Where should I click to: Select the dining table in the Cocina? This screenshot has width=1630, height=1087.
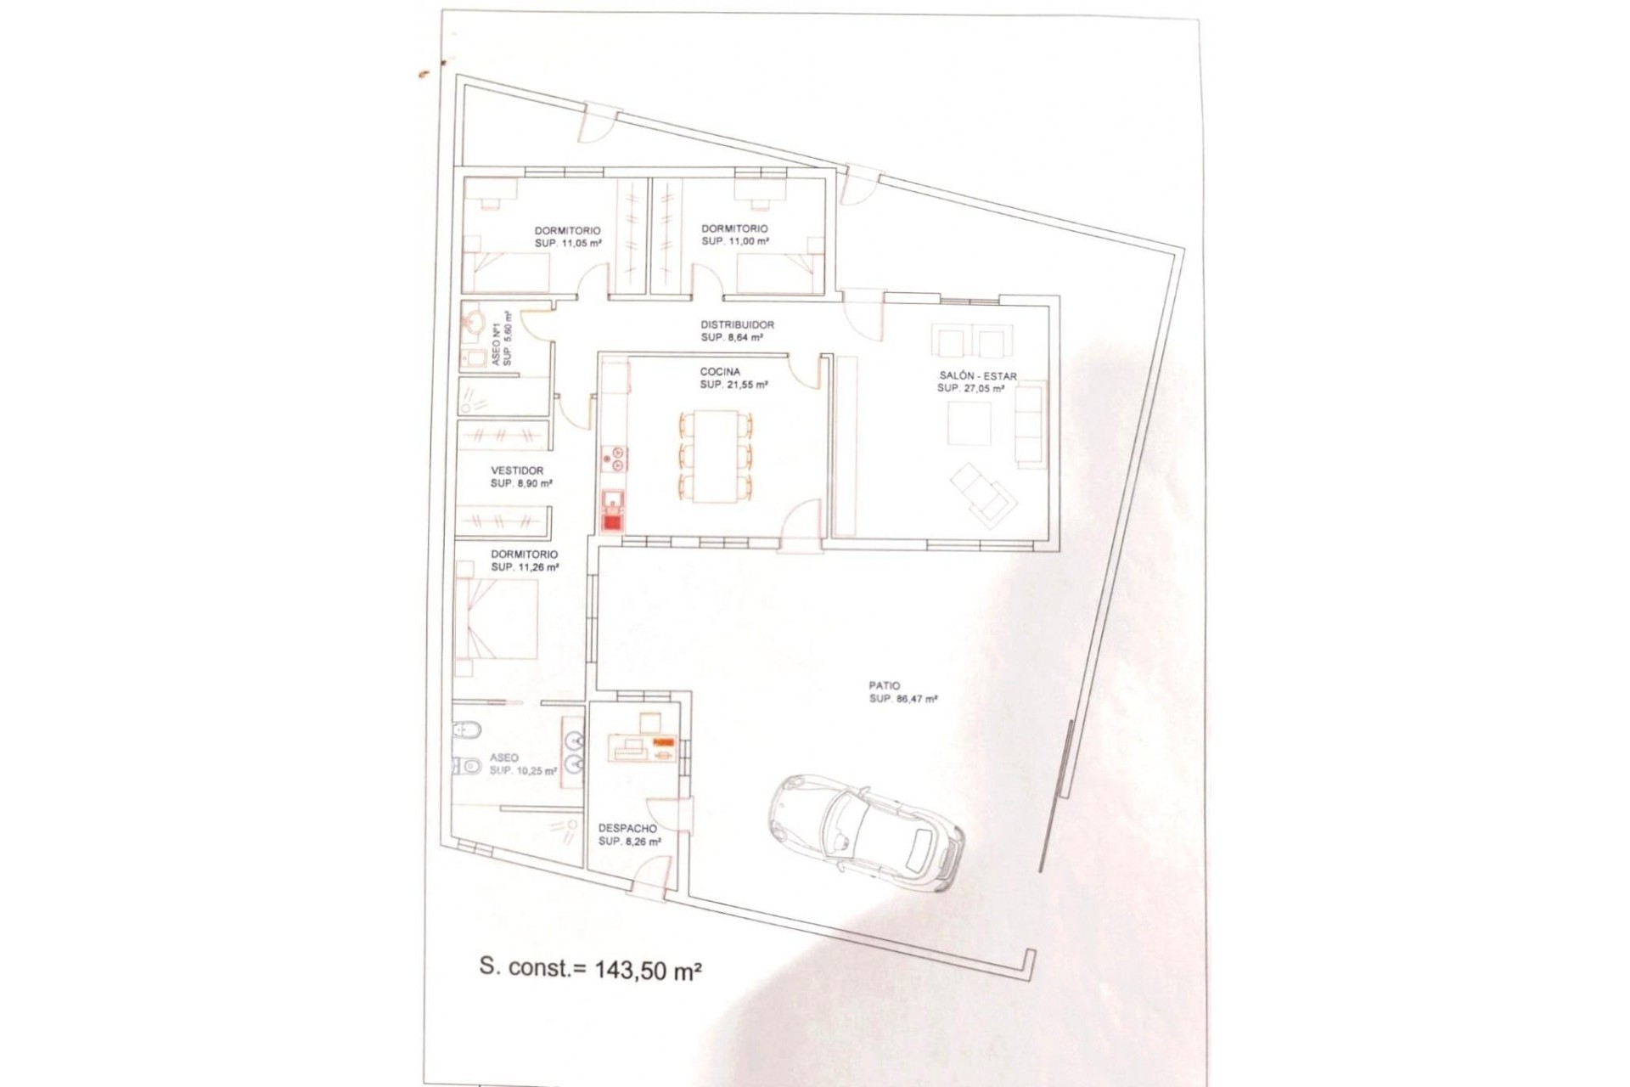(716, 456)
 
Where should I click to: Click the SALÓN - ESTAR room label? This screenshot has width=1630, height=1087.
(977, 376)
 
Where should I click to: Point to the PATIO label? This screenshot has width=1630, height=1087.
(884, 685)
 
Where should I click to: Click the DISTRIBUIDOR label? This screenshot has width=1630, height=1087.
(737, 324)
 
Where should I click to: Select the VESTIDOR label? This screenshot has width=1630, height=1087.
(517, 470)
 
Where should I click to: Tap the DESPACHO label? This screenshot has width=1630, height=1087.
(627, 829)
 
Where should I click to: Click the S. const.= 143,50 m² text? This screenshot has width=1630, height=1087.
(590, 969)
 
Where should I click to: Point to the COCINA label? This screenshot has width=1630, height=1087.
(720, 371)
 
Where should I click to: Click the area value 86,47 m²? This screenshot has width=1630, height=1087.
(913, 700)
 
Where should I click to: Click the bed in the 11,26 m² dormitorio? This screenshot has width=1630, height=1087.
(496, 619)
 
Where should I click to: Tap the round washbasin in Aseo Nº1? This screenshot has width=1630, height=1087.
(473, 323)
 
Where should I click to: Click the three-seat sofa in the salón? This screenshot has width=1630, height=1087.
(1030, 423)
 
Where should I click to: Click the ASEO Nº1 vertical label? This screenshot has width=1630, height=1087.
(497, 340)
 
